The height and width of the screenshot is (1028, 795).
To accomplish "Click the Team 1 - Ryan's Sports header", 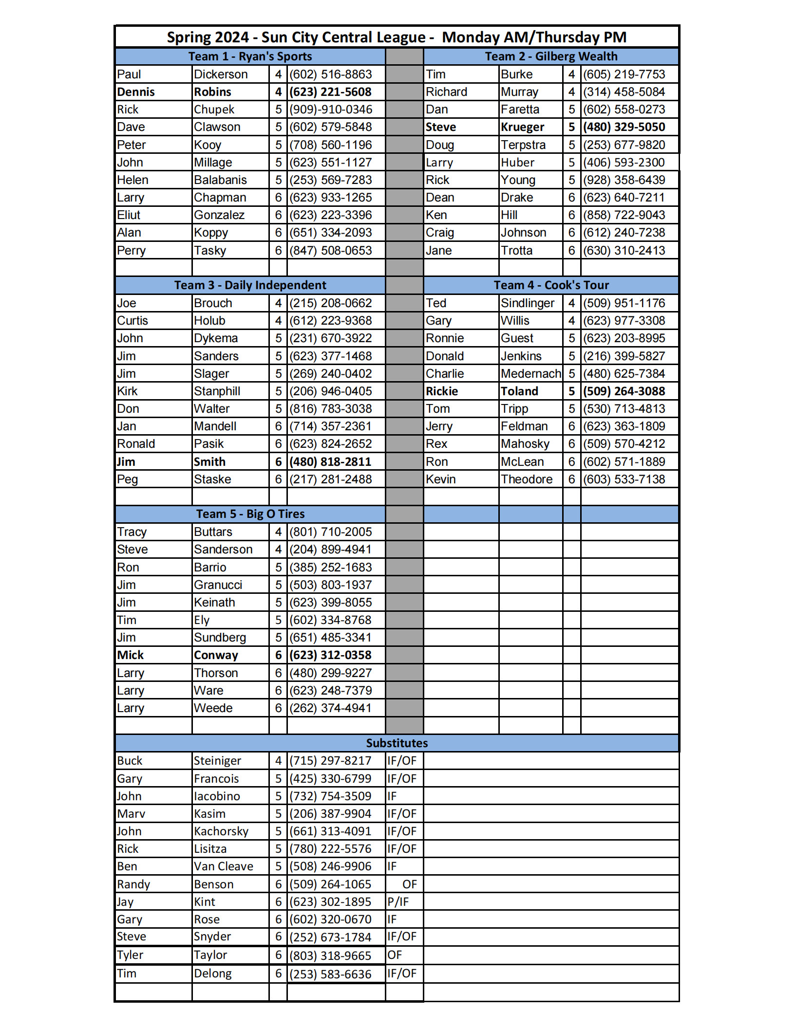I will click(x=250, y=56).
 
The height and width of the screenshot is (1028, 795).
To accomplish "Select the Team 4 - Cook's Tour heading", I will click(x=551, y=285).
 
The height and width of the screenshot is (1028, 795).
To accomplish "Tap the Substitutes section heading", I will click(x=397, y=743).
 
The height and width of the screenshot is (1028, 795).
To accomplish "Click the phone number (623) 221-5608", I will click(x=330, y=92).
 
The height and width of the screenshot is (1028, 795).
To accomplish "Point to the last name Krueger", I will click(x=522, y=127).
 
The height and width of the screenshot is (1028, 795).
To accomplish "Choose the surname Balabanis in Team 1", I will click(x=220, y=180).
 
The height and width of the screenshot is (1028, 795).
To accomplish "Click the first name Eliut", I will click(x=129, y=215).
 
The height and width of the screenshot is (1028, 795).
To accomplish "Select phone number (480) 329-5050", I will click(x=624, y=127).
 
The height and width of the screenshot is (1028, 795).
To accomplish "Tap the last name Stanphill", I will click(x=217, y=391).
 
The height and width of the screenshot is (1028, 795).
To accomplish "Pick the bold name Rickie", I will click(x=442, y=391).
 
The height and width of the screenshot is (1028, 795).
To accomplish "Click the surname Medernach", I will click(x=530, y=374).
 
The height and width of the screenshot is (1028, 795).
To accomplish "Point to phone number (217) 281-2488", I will click(x=330, y=479).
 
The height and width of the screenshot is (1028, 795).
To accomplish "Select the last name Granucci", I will click(x=218, y=585).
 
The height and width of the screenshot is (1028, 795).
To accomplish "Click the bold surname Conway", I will click(x=216, y=655).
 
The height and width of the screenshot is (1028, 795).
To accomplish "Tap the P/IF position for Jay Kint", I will click(x=398, y=902).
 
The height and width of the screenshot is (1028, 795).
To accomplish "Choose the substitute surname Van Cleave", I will click(x=224, y=866).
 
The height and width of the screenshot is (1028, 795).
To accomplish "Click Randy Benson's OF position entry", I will click(x=409, y=884).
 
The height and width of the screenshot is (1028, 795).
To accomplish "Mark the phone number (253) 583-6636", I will click(x=330, y=974).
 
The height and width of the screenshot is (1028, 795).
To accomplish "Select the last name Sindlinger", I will click(x=528, y=303).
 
